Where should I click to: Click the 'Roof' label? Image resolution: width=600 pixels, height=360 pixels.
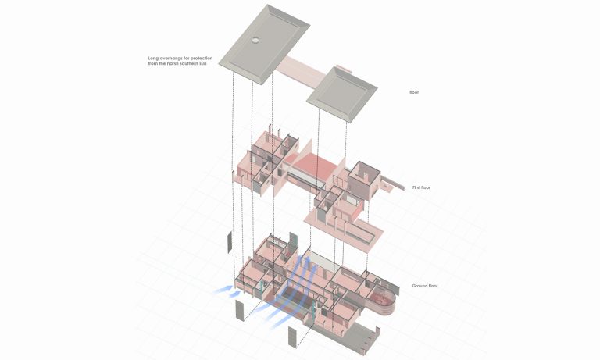tap(413, 92)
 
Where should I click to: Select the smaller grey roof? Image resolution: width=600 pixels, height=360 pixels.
tap(341, 93)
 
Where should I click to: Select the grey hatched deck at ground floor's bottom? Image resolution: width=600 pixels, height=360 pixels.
tap(359, 338)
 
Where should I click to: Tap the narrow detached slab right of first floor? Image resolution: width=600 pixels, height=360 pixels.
tap(391, 185)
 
